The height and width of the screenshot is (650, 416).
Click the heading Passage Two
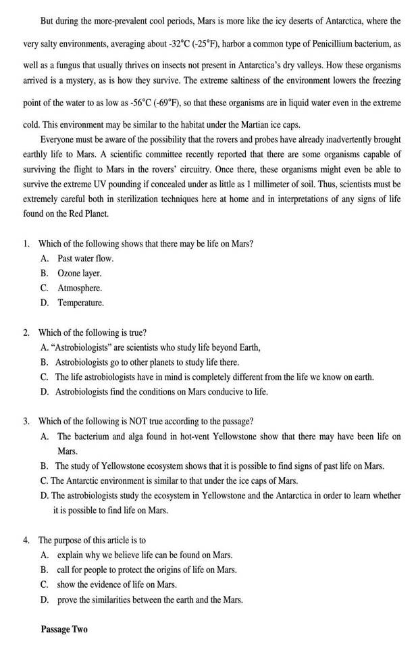(x=63, y=629)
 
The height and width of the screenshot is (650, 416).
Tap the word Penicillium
(x=316, y=44)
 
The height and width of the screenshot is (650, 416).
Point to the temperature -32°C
(x=179, y=44)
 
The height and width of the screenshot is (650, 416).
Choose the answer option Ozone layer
(x=80, y=273)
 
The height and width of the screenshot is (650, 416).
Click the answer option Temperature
(x=81, y=303)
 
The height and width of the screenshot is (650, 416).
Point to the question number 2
(x=26, y=332)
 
